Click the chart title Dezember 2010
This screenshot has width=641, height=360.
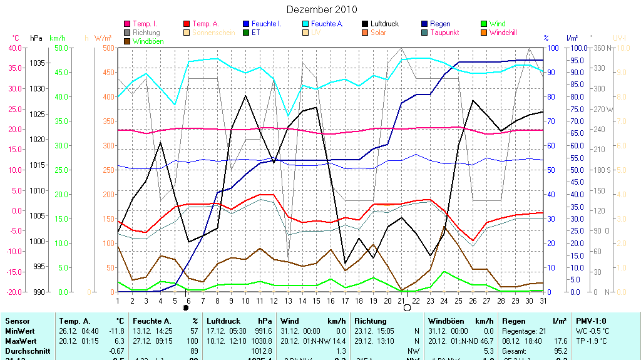(x=322, y=9)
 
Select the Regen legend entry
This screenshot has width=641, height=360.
(x=440, y=24)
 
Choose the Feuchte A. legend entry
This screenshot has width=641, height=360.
(x=327, y=24)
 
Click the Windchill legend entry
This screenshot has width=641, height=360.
(x=503, y=33)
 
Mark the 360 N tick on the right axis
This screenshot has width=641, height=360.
(x=601, y=48)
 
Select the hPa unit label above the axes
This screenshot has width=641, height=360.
(x=36, y=38)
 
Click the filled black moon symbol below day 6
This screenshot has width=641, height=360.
(x=185, y=308)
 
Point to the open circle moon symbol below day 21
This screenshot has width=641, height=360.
(x=407, y=308)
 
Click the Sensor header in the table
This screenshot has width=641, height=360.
(x=16, y=321)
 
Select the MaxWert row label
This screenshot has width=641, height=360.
(x=19, y=341)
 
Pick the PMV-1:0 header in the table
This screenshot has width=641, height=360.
(x=592, y=321)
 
